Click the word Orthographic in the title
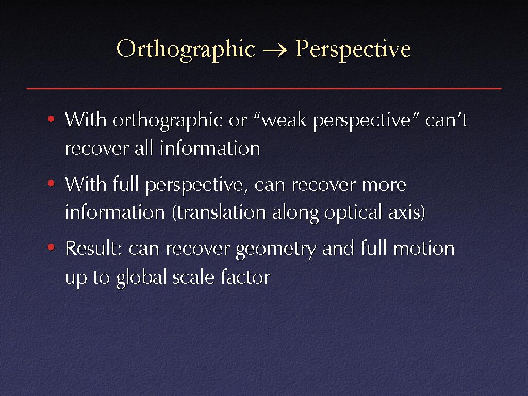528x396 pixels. pyautogui.click(x=186, y=50)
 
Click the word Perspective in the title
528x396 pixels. pyautogui.click(x=353, y=50)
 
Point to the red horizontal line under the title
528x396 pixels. pyautogui.click(x=264, y=88)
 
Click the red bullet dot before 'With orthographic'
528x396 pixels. pyautogui.click(x=51, y=119)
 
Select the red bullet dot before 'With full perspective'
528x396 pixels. pyautogui.click(x=51, y=184)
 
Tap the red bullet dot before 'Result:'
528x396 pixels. pyautogui.click(x=51, y=247)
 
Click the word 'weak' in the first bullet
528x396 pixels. pyautogui.click(x=284, y=120)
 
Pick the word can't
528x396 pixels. pyautogui.click(x=447, y=120)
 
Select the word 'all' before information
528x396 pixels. pyautogui.click(x=144, y=148)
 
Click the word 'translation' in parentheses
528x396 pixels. pyautogui.click(x=221, y=212)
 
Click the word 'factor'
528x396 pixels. pyautogui.click(x=245, y=277)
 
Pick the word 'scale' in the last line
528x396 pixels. pyautogui.click(x=193, y=277)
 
